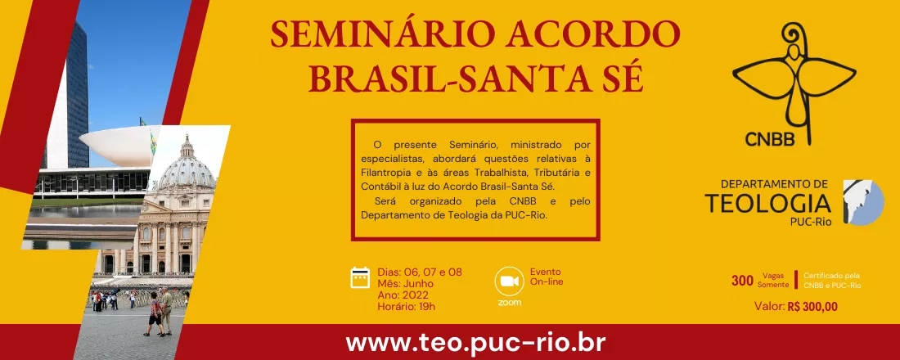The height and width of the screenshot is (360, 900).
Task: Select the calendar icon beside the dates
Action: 361,278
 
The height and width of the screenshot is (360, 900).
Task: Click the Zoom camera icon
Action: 509,281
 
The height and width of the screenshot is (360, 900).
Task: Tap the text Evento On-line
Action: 547,277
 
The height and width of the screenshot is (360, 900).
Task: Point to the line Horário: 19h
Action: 406,306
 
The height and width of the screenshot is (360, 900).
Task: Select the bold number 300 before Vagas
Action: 742,281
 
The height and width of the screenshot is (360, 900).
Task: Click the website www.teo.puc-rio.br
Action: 451,343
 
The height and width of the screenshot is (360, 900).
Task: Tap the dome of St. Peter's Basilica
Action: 187,168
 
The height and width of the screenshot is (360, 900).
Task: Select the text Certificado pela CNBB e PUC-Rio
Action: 831,281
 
